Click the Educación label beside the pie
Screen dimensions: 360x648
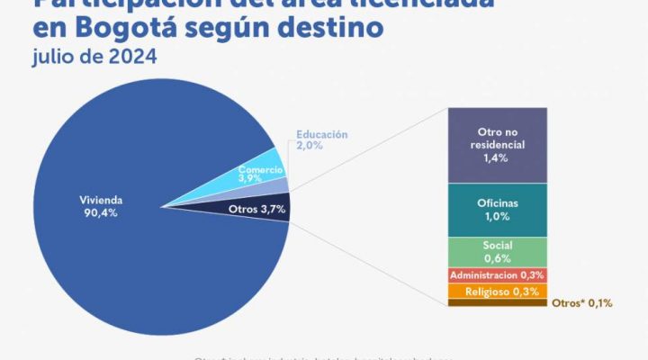click(x=322, y=135)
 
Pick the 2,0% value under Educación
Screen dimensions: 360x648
click(x=309, y=147)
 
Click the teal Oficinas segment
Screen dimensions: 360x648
click(x=497, y=209)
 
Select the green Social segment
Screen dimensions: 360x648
click(x=497, y=251)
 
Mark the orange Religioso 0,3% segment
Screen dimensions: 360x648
click(x=497, y=291)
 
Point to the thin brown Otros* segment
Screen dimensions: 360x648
click(x=497, y=302)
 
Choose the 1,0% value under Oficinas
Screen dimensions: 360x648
click(x=497, y=216)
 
